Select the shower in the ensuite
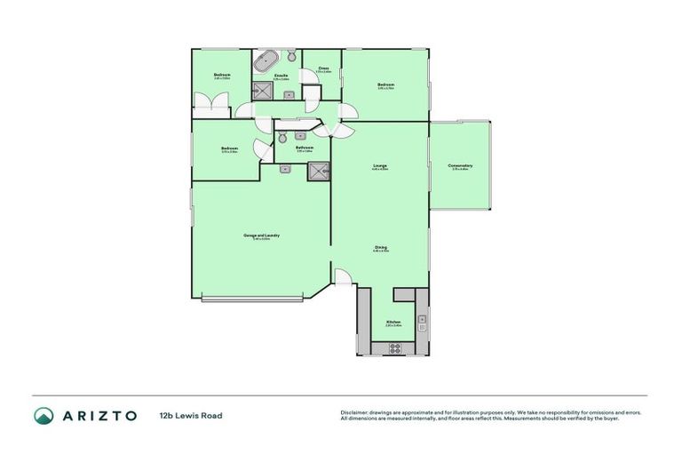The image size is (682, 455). click(262, 89)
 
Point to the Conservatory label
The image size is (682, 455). click(460, 166)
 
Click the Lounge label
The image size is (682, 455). click(379, 166)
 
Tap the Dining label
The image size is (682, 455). click(379, 248)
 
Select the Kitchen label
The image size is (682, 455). click(393, 323)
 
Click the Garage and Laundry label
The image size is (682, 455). click(261, 235)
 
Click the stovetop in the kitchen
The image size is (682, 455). click(394, 348)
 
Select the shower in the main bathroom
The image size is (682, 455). click(318, 171)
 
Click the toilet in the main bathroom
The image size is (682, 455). click(282, 138)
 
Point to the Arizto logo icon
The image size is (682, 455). click(44, 415)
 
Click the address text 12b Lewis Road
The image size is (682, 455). click(191, 415)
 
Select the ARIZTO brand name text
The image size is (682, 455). click(99, 415)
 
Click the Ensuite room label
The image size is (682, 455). click(282, 77)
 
